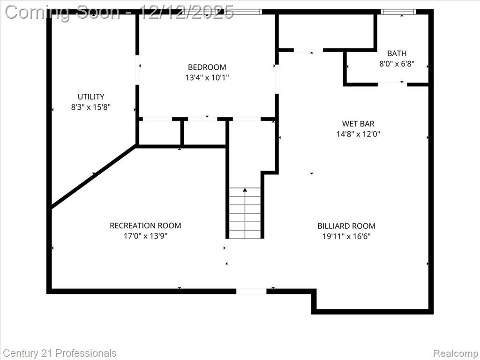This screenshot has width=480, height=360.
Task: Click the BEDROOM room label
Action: coord(207,67)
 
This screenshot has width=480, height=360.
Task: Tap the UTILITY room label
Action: coord(91,97)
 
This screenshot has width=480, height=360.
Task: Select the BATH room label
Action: coord(397,53)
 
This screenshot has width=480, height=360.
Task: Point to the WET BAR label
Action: coord(358,124)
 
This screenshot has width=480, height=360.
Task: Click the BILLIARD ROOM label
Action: coord(346,226)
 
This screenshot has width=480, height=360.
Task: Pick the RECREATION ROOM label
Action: coord(145,225)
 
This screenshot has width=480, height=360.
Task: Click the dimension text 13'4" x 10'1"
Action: coord(207,77)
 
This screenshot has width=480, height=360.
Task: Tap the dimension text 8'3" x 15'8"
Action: coord(90,107)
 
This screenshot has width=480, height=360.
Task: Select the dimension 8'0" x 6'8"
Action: coord(397,64)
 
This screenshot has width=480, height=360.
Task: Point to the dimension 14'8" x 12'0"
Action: coord(358,134)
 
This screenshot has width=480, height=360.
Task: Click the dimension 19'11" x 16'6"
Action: coord(346,236)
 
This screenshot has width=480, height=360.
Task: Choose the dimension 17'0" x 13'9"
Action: coord(145,236)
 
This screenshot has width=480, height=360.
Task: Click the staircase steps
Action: coord(245,213)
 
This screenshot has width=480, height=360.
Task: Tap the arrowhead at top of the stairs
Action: coord(245,190)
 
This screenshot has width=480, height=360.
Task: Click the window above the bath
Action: coord(398,12)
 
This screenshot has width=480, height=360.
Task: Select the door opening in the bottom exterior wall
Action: coord(251,291)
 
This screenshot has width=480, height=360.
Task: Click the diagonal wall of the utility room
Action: coord(93,176)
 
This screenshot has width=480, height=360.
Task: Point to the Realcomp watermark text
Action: coord(456,353)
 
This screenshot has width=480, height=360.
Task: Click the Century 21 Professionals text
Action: coord(60,353)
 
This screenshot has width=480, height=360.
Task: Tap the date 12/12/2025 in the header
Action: coord(187,13)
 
